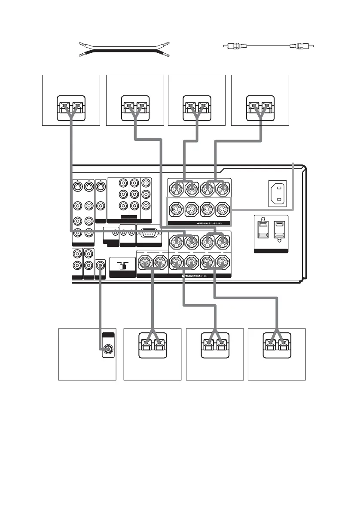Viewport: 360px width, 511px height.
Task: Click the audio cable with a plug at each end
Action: pyautogui.click(x=269, y=45)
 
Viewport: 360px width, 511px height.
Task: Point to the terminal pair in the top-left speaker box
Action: pyautogui.click(x=71, y=106)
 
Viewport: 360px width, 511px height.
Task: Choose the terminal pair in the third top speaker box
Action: pyautogui.click(x=197, y=106)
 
